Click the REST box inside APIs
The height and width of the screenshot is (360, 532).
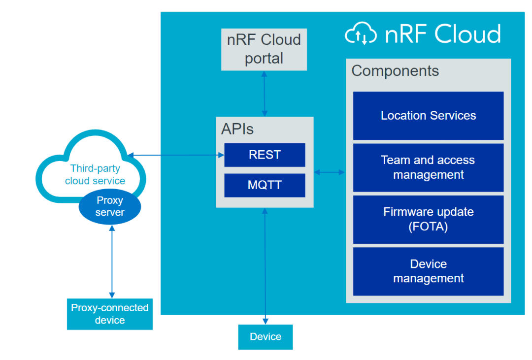pyautogui.click(x=265, y=155)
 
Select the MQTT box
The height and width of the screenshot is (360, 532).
pyautogui.click(x=265, y=186)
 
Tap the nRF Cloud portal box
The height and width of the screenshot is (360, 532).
pyautogui.click(x=264, y=49)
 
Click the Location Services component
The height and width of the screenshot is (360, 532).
pyautogui.click(x=428, y=116)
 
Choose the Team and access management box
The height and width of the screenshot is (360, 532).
pyautogui.click(x=428, y=167)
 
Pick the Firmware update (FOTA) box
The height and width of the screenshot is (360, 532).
pyautogui.click(x=428, y=219)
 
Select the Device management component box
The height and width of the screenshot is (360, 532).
pyautogui.click(x=428, y=271)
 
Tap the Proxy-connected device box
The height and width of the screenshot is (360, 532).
pyautogui.click(x=110, y=314)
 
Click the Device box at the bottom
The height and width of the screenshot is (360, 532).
pyautogui.click(x=266, y=337)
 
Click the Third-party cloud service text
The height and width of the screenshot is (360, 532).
pyautogui.click(x=95, y=175)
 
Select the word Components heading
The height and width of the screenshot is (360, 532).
pyautogui.click(x=395, y=71)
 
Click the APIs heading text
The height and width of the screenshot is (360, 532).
pyautogui.click(x=237, y=129)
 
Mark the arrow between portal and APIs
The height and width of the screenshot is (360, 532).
pyautogui.click(x=265, y=94)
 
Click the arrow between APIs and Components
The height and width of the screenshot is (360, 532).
pyautogui.click(x=330, y=172)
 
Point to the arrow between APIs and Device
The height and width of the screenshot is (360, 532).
pyautogui.click(x=266, y=266)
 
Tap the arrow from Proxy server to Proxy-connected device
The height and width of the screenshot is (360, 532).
pyautogui.click(x=112, y=261)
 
